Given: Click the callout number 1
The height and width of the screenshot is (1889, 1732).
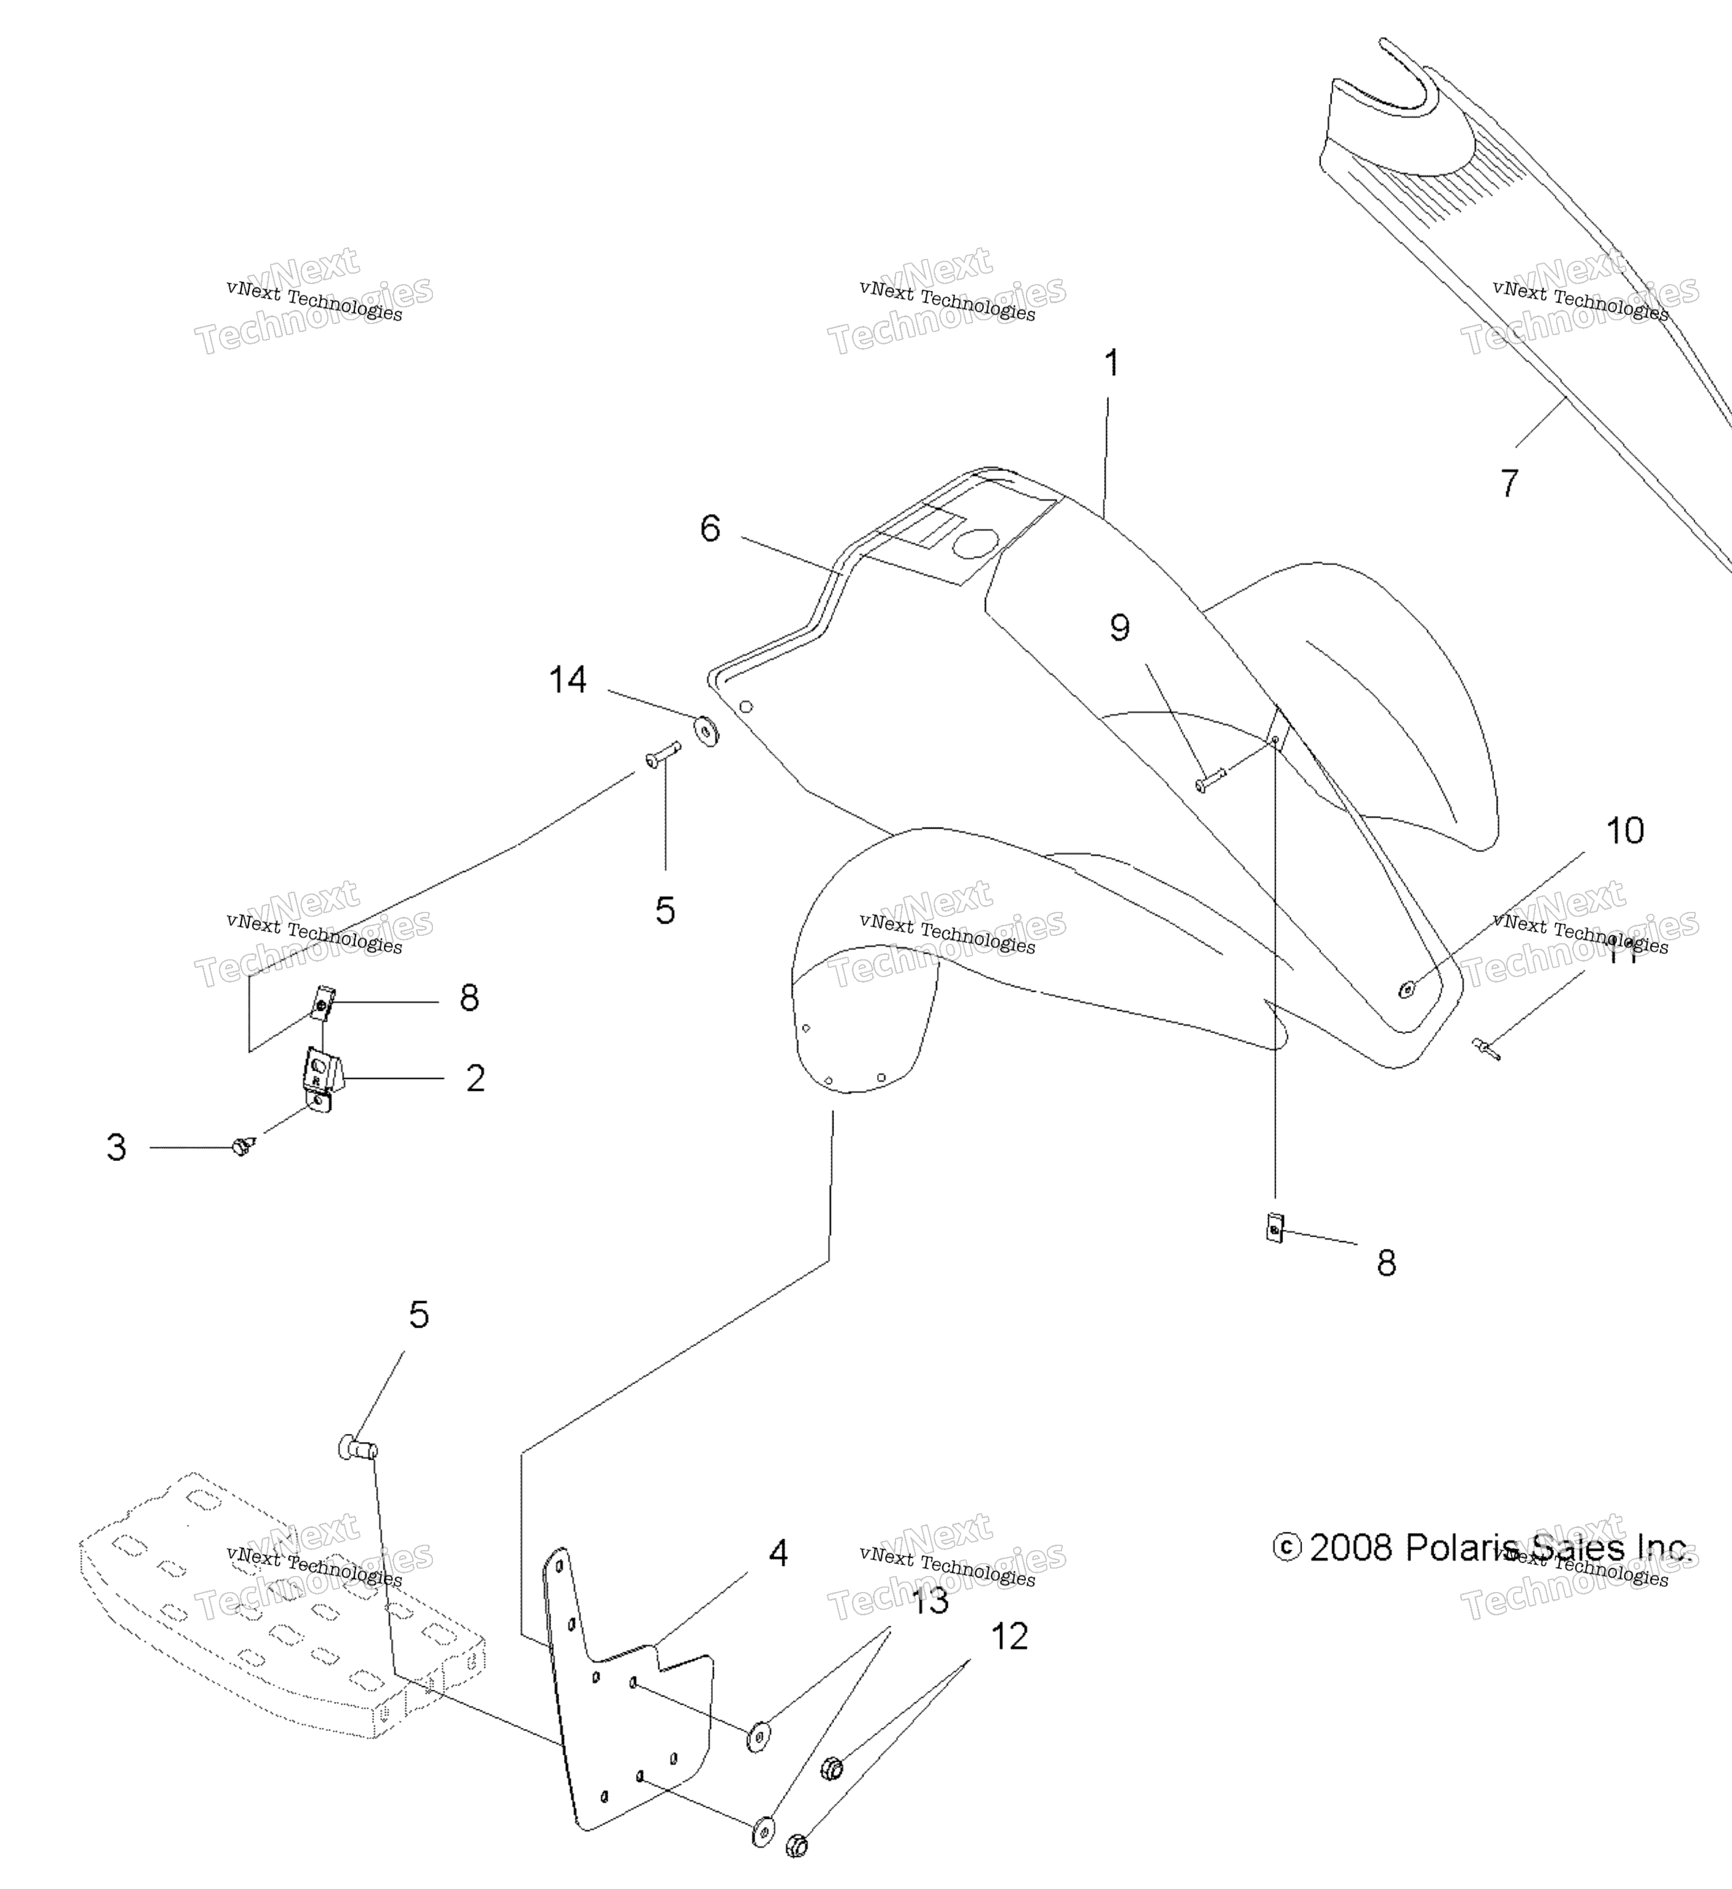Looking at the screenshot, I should [1111, 363].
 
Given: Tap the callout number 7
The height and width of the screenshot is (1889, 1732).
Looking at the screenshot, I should [1509, 483].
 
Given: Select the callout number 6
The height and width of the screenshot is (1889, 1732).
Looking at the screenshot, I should [710, 528].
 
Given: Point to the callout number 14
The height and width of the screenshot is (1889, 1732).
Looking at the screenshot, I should [568, 680].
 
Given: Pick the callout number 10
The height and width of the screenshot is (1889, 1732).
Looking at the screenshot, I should [1624, 830].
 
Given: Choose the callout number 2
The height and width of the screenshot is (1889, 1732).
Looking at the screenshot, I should [475, 1079].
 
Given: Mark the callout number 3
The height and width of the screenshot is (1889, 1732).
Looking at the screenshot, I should [116, 1147].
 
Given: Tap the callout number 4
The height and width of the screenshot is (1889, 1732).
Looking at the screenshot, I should [778, 1553].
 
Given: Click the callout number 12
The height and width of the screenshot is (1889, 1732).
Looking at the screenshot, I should [1009, 1636].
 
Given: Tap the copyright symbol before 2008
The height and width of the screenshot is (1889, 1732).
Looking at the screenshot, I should [1287, 1547].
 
